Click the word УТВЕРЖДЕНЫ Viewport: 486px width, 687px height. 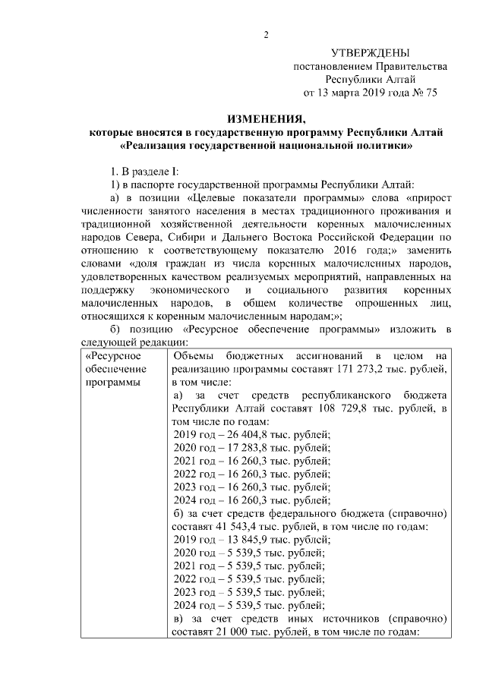pos(370,52)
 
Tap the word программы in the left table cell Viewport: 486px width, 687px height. pos(112,382)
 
